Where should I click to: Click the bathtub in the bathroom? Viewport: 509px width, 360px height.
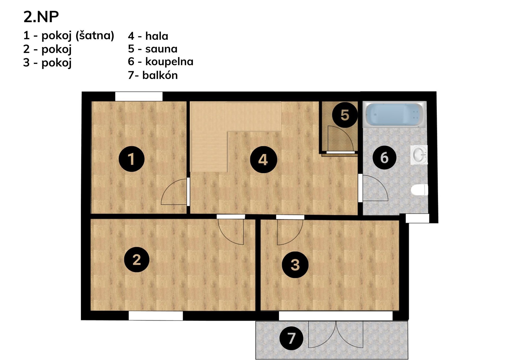395,114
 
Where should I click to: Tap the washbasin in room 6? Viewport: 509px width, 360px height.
419,154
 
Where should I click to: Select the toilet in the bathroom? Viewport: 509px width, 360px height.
419,190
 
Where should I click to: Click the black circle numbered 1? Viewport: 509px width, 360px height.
131,159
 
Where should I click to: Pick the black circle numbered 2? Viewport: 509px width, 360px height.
137,259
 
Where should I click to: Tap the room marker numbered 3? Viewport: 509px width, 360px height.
295,264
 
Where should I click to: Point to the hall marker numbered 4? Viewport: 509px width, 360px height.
263,160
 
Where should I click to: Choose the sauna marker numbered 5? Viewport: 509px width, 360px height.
345,115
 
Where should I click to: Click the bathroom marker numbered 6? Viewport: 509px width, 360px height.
384,157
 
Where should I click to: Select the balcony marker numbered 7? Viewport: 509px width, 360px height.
291,338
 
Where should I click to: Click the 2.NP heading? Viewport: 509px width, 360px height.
41,17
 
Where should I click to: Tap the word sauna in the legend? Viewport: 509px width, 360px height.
161,49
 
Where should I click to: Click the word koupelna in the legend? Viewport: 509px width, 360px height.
169,62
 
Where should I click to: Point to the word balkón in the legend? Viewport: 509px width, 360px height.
160,75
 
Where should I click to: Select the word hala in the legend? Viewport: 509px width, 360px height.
157,36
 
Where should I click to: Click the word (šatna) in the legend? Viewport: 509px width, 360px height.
95,36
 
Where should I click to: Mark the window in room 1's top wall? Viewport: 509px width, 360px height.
139,96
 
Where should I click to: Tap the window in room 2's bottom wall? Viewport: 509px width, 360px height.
156,316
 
